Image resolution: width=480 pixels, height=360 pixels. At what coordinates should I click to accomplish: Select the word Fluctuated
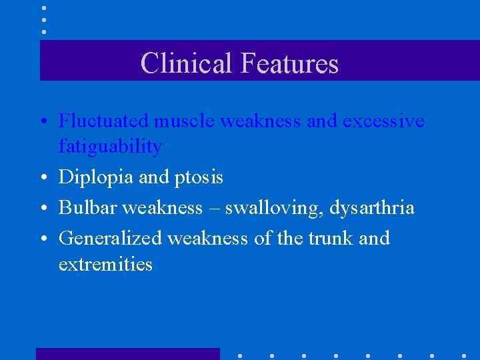(x=104, y=121)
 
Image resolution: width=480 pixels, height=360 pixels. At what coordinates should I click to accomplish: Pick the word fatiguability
(x=110, y=146)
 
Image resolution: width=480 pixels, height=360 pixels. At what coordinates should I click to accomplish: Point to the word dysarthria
(x=372, y=208)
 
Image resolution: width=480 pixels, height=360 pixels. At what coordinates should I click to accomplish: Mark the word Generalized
(x=111, y=238)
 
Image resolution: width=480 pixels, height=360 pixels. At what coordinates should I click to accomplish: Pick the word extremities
(x=105, y=264)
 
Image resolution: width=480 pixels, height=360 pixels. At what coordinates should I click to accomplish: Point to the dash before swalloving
(x=213, y=208)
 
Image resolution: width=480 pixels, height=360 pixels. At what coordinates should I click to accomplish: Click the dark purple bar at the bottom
(x=127, y=354)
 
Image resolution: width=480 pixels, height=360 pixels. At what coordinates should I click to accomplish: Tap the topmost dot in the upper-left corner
(x=44, y=9)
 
